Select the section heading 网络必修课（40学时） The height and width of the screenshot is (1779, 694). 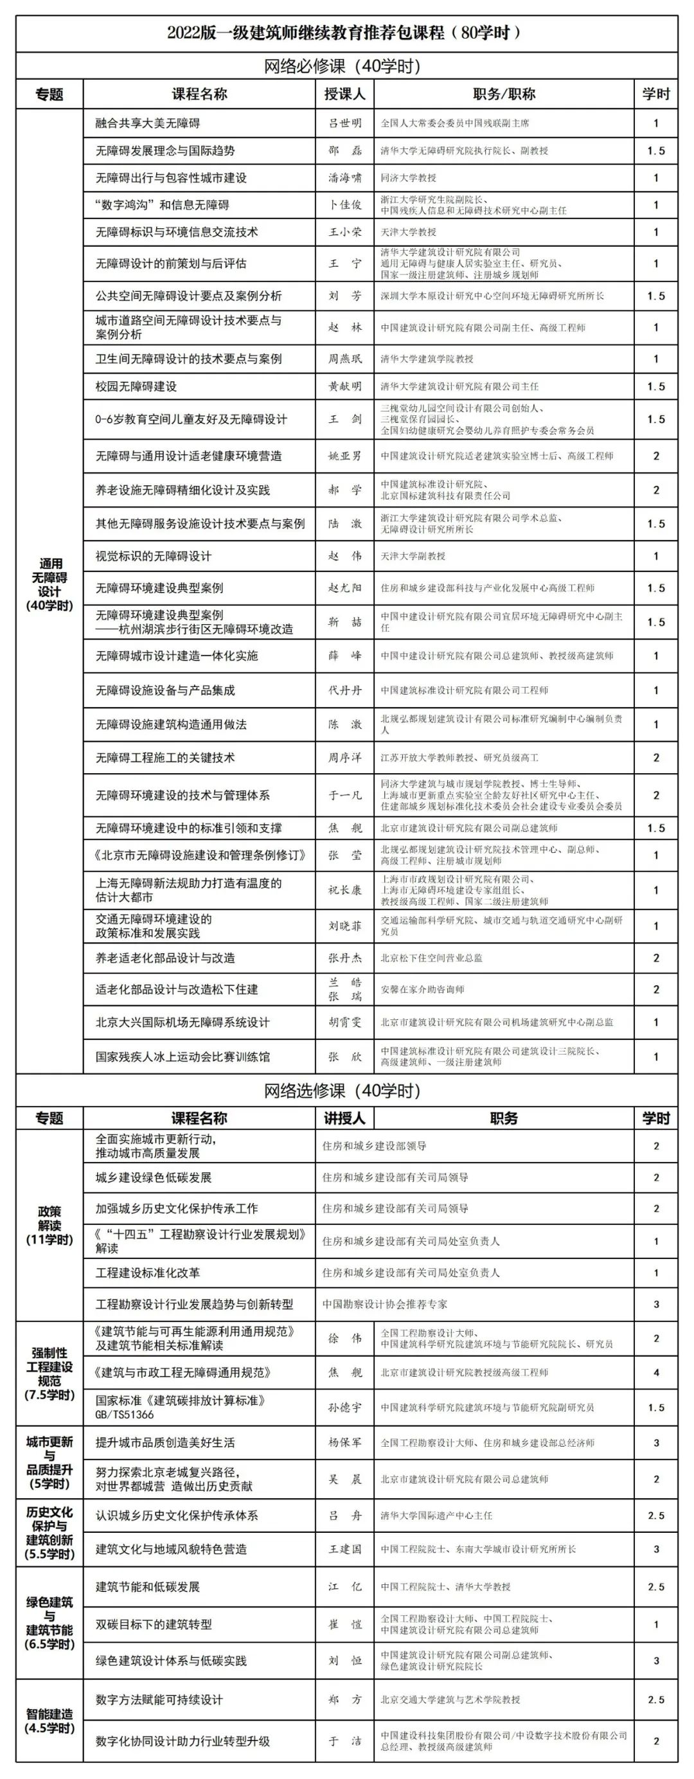coord(342,66)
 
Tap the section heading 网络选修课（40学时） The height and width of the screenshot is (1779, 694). coord(342,1091)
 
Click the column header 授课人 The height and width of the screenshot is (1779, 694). coord(344,94)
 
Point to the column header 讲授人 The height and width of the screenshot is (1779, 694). coord(344,1118)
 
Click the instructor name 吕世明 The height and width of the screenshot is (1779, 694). coord(344,123)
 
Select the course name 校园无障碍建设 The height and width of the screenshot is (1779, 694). coord(136,386)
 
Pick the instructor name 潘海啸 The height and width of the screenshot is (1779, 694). coord(344,177)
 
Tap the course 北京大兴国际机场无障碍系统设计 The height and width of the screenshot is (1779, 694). coord(182,1022)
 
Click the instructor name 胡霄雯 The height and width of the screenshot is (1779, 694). coord(344,1022)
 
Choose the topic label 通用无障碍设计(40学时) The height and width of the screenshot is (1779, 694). coord(49,585)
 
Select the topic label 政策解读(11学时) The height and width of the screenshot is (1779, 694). coord(49,1225)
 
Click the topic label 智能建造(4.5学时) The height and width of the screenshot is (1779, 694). coord(49,1721)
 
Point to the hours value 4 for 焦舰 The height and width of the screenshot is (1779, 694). coord(655,1372)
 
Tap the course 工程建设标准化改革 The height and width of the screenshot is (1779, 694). coord(148,1272)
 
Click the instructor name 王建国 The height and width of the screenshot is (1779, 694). coord(344,1549)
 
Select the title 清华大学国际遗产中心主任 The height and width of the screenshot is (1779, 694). coord(436,1515)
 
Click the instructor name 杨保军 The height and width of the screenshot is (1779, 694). coord(344,1443)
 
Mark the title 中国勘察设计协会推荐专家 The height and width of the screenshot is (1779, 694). coord(385,1304)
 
